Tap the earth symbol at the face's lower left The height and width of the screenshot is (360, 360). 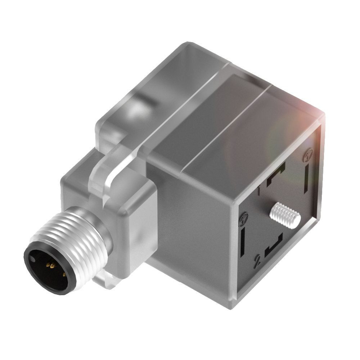(x=244, y=219)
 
